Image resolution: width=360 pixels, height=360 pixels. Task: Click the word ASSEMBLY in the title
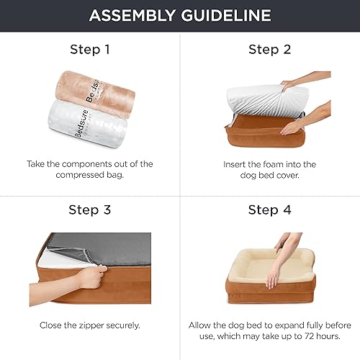(x=133, y=16)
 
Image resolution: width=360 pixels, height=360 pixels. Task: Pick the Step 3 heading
(x=90, y=210)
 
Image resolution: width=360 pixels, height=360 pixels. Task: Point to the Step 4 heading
(x=269, y=210)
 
